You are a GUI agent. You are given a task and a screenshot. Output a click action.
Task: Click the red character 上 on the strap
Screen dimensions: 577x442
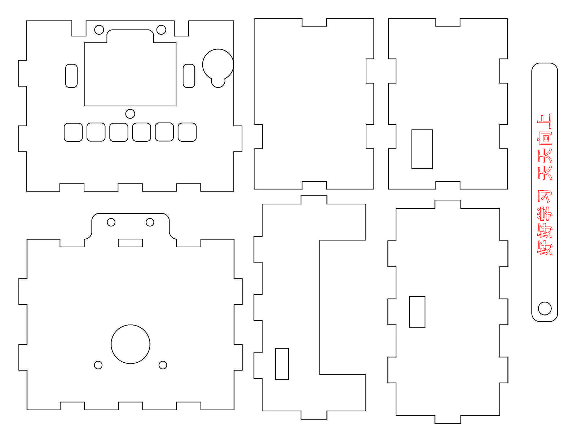[545, 122]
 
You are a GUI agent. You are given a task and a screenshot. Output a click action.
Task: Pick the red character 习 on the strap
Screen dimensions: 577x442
[545, 197]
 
